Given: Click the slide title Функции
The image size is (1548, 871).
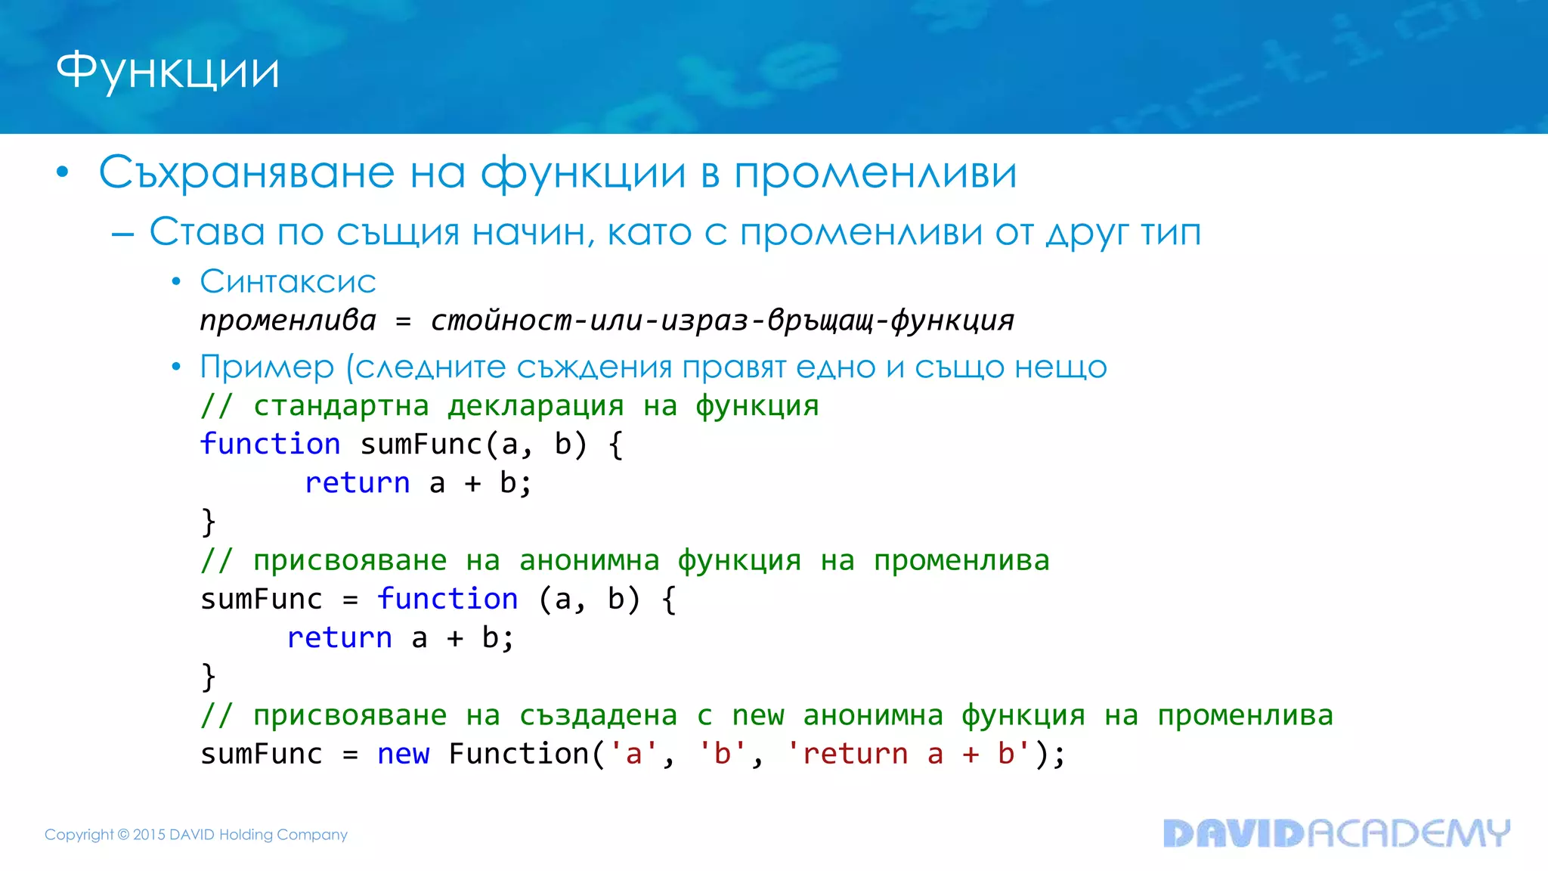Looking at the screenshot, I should click(168, 72).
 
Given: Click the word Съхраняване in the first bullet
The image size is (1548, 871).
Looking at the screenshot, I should click(246, 172).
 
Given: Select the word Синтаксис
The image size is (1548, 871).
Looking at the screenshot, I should click(287, 282).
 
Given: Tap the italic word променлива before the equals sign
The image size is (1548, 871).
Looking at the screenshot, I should click(288, 321).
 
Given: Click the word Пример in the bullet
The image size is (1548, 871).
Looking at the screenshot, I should click(267, 367).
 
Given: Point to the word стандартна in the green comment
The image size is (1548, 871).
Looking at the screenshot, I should click(341, 406).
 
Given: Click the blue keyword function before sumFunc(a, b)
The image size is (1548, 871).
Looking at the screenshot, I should click(270, 445).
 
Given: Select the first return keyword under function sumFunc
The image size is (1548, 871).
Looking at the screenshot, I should click(358, 483).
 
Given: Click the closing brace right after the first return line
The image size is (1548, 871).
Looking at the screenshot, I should click(209, 522).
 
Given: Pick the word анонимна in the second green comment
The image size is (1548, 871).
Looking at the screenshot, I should click(589, 561).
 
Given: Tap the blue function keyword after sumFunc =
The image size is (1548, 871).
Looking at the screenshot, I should click(447, 600).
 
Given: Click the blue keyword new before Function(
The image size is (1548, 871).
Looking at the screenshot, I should click(403, 755).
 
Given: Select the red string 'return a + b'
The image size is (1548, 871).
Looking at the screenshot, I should click(908, 755).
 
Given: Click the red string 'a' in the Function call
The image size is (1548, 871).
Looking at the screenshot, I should click(633, 755).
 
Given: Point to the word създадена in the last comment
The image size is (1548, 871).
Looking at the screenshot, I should click(598, 715).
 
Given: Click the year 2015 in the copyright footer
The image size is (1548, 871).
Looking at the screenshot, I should click(149, 835).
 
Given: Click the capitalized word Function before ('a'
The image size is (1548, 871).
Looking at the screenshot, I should click(519, 755).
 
